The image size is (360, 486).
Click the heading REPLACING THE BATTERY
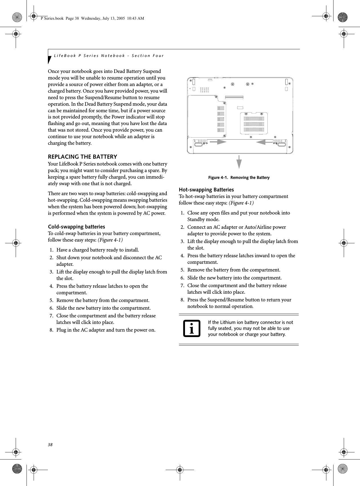pyautogui.click(x=82, y=157)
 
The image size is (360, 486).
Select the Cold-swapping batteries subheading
pyautogui.click(x=76, y=227)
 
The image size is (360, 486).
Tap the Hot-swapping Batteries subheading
pyautogui.click(x=206, y=190)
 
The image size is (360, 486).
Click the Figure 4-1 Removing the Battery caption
pyautogui.click(x=239, y=178)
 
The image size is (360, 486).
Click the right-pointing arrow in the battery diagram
pyautogui.click(x=217, y=141)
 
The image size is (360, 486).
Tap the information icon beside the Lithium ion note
pyautogui.click(x=192, y=328)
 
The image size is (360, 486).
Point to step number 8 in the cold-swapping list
pyautogui.click(x=52, y=330)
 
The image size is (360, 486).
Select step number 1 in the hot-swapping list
pyautogui.click(x=182, y=213)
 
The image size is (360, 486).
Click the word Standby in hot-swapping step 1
pyautogui.click(x=196, y=220)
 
